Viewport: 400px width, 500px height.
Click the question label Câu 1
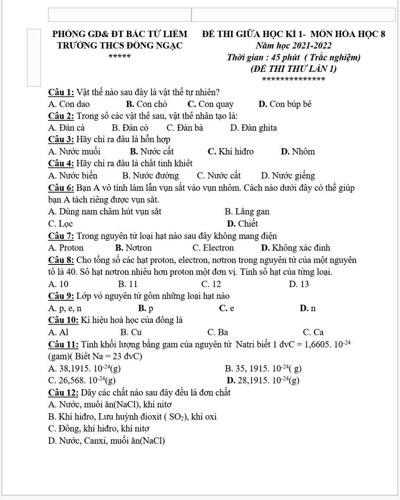coord(61,93)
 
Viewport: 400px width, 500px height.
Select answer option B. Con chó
coord(147,104)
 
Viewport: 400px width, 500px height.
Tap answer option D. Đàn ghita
coord(254,128)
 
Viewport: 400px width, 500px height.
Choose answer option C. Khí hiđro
coord(231,152)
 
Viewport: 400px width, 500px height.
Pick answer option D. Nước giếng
coord(288,176)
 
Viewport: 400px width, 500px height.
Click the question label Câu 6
coord(61,188)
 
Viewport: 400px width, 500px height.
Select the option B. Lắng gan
coord(247,212)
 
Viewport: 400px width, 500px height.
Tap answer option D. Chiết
coord(243,224)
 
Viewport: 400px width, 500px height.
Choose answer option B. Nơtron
coord(134,248)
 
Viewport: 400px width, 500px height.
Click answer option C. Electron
coord(213,248)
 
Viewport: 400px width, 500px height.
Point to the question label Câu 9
coord(61,296)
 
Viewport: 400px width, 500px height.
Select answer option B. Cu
coord(131,332)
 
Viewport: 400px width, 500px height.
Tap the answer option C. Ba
coord(218,332)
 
